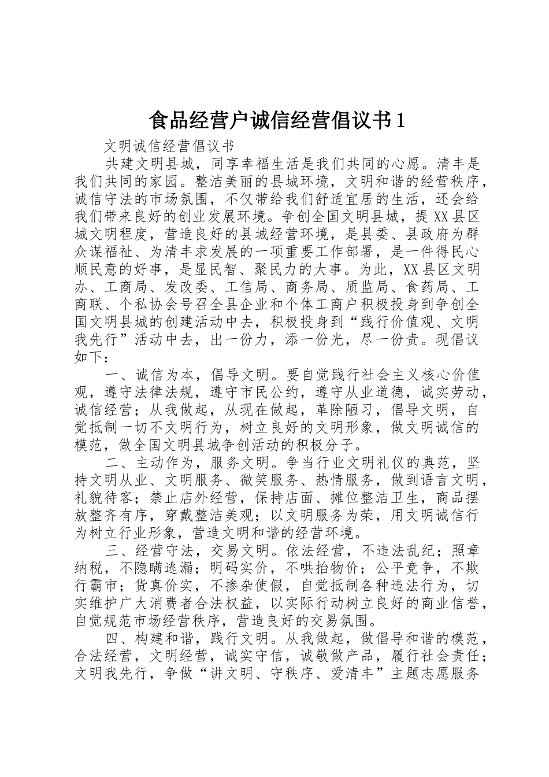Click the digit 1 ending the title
pos(398,120)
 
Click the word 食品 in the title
pos(165,120)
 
